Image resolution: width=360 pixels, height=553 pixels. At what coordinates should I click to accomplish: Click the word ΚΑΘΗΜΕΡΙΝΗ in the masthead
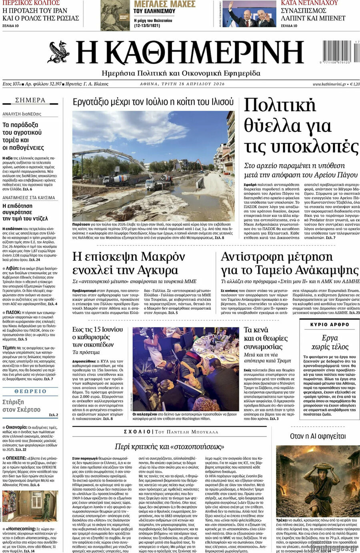[190, 54]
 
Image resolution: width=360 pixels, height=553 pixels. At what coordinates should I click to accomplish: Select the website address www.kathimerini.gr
[329, 84]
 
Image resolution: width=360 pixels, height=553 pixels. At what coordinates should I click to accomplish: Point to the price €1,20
[354, 84]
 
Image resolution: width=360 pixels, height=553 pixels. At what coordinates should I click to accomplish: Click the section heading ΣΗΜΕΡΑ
[30, 100]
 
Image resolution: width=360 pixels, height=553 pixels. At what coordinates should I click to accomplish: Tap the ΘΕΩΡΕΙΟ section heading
[30, 391]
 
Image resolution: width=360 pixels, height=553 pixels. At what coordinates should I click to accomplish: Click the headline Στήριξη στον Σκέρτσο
[22, 405]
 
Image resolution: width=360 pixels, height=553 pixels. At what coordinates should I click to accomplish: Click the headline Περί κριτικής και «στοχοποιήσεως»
[170, 446]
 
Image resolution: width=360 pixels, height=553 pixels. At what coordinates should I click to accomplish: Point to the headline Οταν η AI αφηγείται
[318, 436]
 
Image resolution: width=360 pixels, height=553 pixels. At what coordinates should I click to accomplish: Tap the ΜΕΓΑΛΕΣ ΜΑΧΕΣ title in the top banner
[164, 4]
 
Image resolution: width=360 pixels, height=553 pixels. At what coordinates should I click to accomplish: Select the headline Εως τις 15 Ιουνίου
[98, 329]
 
